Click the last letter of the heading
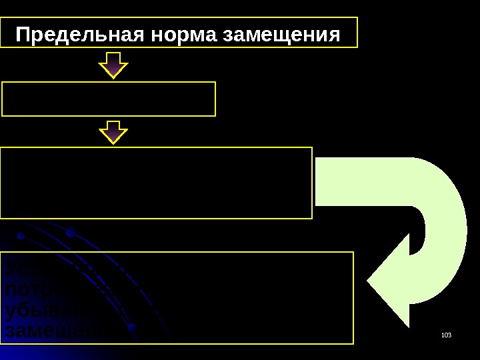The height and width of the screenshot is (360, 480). pyautogui.click(x=333, y=34)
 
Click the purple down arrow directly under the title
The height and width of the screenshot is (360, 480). pyautogui.click(x=114, y=65)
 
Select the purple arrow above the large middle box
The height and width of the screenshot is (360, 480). pyautogui.click(x=114, y=131)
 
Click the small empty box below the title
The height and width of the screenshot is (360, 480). pyautogui.click(x=109, y=99)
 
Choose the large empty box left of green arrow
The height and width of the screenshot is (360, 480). pyautogui.click(x=156, y=183)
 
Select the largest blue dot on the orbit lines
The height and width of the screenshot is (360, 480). pyautogui.click(x=70, y=233)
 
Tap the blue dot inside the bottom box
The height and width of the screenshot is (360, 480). pyautogui.click(x=132, y=327)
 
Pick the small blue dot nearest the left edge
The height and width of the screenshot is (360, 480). pyautogui.click(x=21, y=237)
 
